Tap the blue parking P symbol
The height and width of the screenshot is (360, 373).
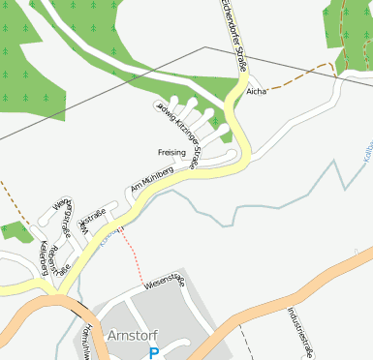click(x=153, y=354)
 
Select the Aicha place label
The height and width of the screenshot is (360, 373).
click(x=256, y=92)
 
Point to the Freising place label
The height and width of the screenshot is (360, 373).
click(x=171, y=153)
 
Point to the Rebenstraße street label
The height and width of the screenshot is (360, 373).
click(x=62, y=254)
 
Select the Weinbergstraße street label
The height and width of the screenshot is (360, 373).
click(x=65, y=221)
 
